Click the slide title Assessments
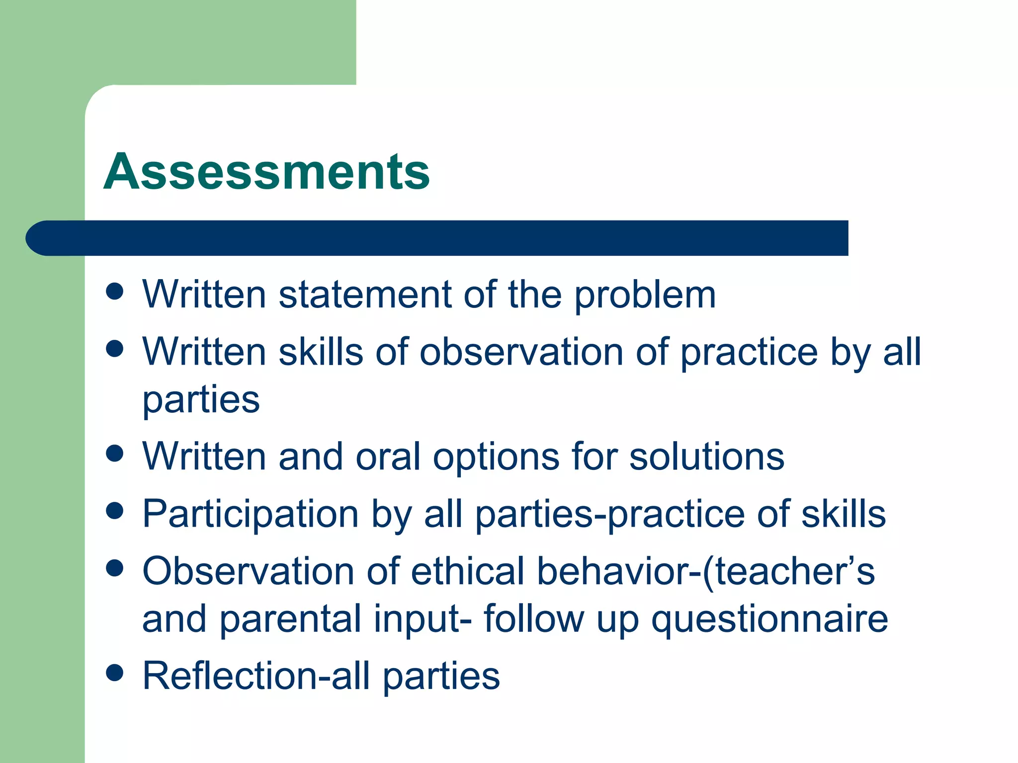(x=266, y=172)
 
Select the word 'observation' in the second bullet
(x=521, y=352)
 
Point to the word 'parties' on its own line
(x=201, y=400)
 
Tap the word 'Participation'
(x=251, y=514)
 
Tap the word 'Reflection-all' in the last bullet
(x=256, y=676)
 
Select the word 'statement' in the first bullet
(x=365, y=295)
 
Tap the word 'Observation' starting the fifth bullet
(x=248, y=571)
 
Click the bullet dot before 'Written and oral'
(x=115, y=453)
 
